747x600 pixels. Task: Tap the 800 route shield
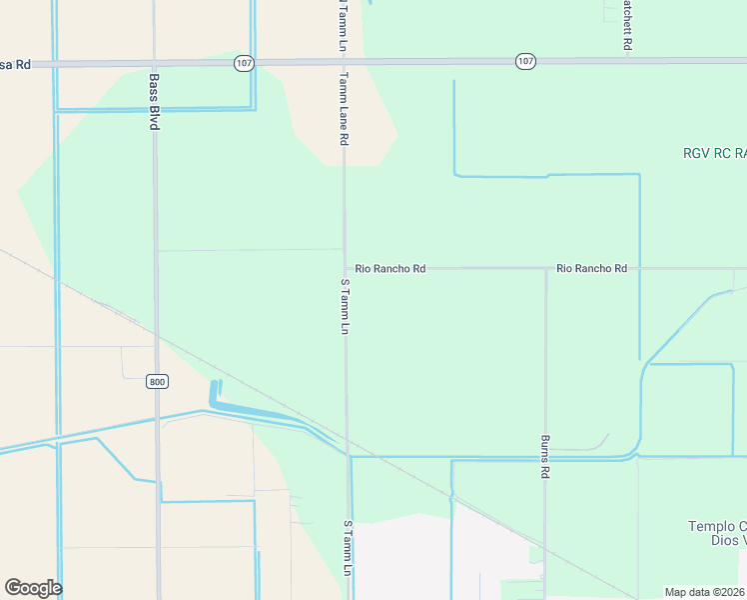(x=157, y=381)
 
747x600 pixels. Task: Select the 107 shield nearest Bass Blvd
(x=245, y=62)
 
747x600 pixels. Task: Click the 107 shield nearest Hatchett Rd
(x=526, y=62)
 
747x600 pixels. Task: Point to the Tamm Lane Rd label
(x=343, y=109)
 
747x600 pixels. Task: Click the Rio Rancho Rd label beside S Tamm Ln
(x=390, y=269)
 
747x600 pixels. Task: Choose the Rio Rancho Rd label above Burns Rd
(x=592, y=269)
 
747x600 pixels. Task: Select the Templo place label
(x=717, y=526)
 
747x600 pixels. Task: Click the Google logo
(x=33, y=588)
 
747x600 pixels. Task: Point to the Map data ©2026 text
(x=704, y=592)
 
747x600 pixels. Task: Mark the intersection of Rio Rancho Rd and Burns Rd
(x=545, y=269)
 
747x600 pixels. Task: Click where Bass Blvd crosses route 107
(x=155, y=63)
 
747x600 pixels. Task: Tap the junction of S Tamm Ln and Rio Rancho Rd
(x=346, y=269)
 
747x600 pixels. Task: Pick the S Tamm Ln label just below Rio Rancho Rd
(x=346, y=307)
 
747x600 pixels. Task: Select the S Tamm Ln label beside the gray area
(x=348, y=548)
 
